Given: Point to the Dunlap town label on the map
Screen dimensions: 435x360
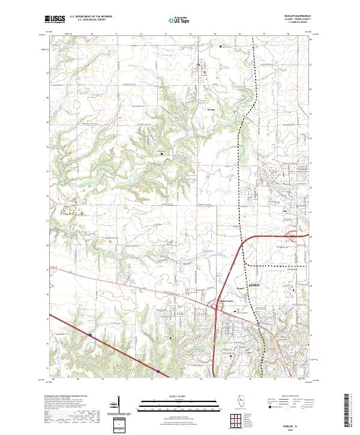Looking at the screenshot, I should (x=210, y=110).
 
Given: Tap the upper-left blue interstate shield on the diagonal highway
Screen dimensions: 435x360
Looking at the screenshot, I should (x=89, y=335).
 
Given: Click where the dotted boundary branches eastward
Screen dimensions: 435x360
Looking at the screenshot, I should (x=247, y=265).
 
